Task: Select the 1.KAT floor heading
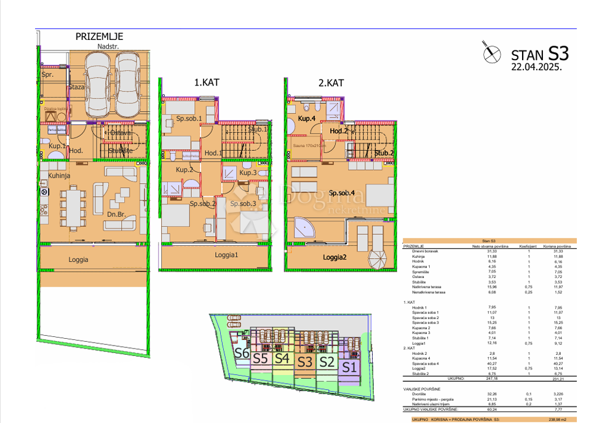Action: (x=207, y=82)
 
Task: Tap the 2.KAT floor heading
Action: (x=330, y=82)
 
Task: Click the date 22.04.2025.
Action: (x=536, y=68)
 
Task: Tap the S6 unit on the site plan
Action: (x=241, y=354)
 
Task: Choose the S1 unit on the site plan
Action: (x=349, y=368)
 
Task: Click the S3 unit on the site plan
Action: (x=305, y=362)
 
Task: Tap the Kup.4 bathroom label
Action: (x=307, y=118)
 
